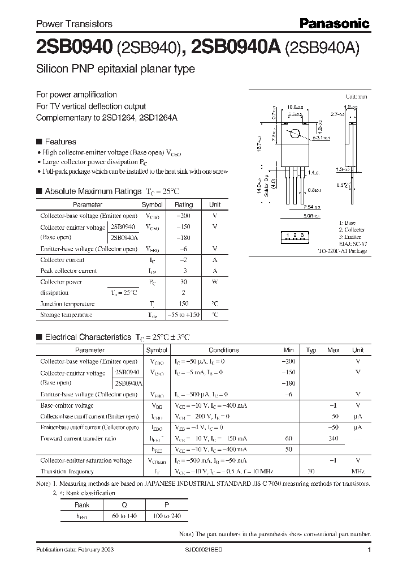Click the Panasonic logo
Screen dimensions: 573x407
coord(334,23)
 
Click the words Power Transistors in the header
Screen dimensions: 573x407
coord(74,24)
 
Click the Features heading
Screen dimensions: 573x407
coord(60,142)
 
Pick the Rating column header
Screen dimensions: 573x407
coord(184,204)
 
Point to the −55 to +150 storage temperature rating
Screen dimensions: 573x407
coord(184,314)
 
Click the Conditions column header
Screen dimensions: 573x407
coord(223,350)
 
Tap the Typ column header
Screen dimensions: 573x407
coord(311,350)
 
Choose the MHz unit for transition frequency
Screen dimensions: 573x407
coord(358,471)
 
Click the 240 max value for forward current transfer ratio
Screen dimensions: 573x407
coord(334,438)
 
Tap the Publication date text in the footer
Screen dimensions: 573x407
coord(71,550)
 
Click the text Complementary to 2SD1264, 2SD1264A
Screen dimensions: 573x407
coord(107,117)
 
